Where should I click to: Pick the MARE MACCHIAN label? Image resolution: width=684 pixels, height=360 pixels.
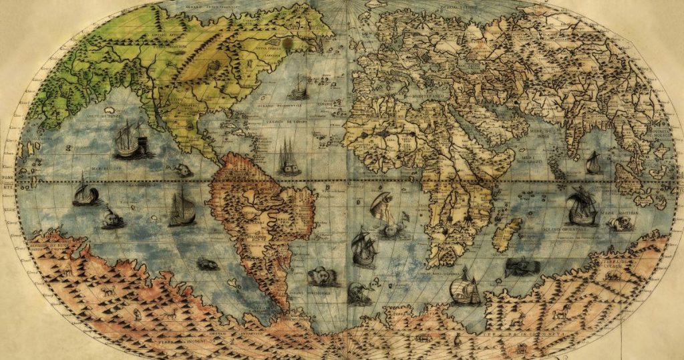coord(623,211)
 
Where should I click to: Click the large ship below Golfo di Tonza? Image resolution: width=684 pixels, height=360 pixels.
coord(131,141)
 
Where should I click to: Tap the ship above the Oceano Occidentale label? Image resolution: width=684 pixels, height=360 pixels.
coord(299,88)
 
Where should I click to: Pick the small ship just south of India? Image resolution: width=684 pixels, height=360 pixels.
coord(592,163)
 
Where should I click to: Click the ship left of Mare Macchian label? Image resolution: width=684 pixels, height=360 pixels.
coord(581,208)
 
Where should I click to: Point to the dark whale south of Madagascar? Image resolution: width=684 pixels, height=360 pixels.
coord(522,267)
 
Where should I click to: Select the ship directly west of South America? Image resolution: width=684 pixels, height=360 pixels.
coord(181,207)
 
